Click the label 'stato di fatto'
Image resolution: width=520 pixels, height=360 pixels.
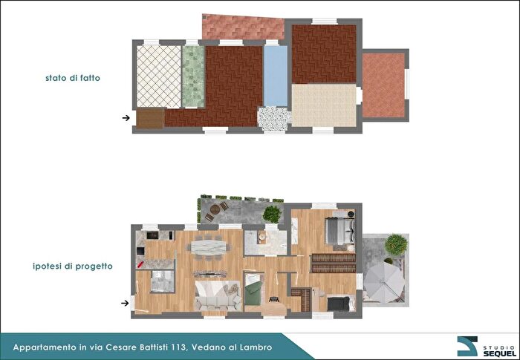(x=73, y=78)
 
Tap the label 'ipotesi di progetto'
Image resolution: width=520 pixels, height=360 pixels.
(x=73, y=266)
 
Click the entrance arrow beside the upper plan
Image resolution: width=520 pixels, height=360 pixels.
(x=126, y=118)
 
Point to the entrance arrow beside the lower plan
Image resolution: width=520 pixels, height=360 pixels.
(x=126, y=303)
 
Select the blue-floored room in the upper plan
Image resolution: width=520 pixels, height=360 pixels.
(x=276, y=76)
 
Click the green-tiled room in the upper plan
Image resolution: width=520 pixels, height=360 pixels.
(x=193, y=76)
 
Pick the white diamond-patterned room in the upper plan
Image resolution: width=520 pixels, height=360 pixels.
(x=159, y=76)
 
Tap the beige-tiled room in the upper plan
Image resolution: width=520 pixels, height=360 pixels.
(x=324, y=105)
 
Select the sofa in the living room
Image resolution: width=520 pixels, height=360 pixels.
(x=218, y=296)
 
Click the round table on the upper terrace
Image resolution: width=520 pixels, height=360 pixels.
(x=215, y=209)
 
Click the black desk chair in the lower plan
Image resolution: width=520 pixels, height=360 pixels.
(x=274, y=299)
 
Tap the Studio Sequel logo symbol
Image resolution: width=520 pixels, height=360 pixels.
(x=467, y=346)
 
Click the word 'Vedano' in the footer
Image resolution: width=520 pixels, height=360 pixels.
(x=207, y=347)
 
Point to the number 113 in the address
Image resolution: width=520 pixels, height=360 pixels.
(x=180, y=347)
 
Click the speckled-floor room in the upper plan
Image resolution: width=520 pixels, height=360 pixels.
(x=274, y=119)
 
